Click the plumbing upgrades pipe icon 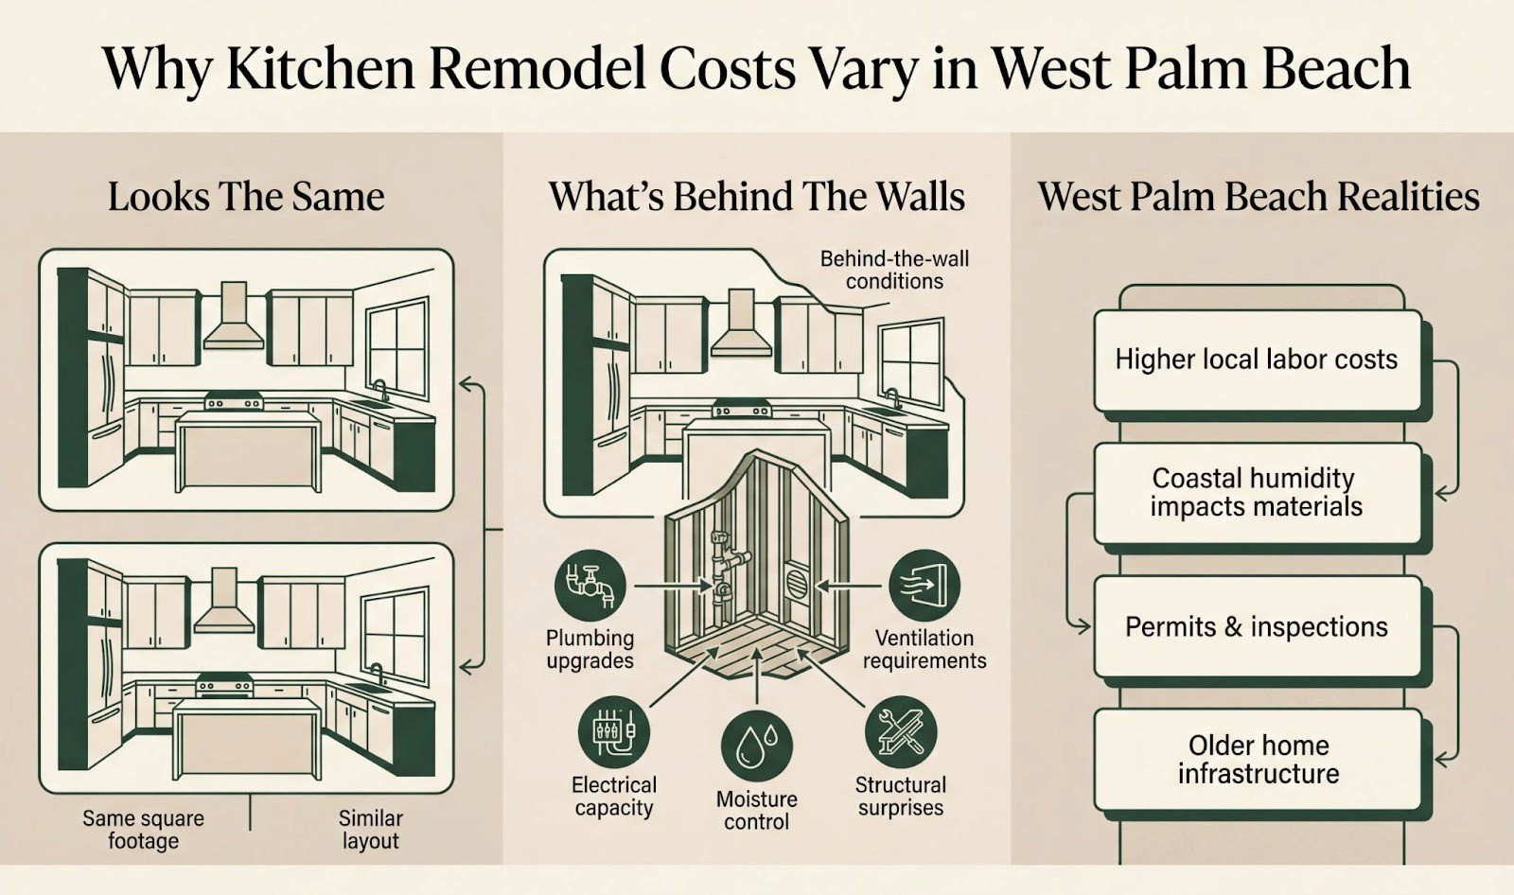(590, 586)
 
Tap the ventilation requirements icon (924, 586)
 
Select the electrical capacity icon (613, 731)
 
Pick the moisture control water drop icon (756, 746)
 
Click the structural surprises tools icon (900, 731)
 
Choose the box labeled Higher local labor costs (1257, 360)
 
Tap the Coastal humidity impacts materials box (1257, 492)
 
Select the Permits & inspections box (1257, 626)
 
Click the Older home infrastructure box (1257, 759)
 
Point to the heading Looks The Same (246, 197)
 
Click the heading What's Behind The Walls (756, 197)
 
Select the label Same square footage (143, 829)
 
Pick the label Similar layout (370, 829)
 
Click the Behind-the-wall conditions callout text (894, 270)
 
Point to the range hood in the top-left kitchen (233, 317)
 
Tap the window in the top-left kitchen (397, 347)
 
